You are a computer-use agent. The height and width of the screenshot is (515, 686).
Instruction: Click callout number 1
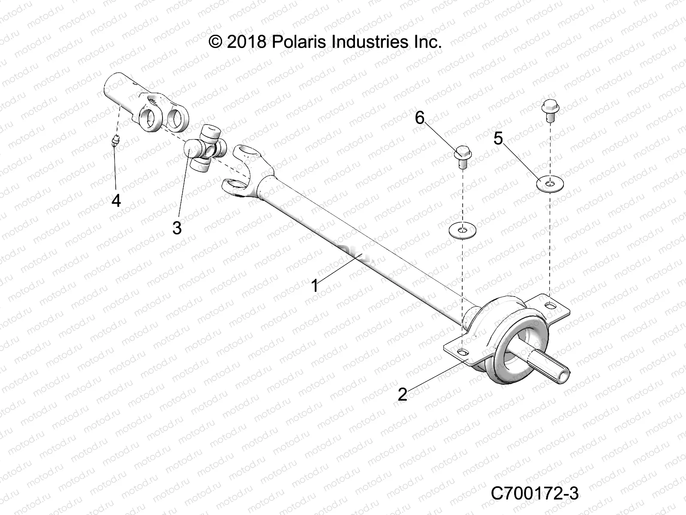pos(315,286)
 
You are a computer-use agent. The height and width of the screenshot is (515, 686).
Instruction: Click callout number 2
pos(402,394)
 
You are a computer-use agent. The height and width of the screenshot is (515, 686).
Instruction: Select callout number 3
pos(177,228)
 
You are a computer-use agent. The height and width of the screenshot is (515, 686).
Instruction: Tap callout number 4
pos(116,200)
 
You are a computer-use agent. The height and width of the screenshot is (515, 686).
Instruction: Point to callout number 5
pos(498,139)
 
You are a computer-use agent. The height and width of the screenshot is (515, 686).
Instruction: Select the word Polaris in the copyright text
pos(301,42)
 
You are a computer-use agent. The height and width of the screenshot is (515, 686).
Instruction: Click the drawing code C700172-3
pos(535,494)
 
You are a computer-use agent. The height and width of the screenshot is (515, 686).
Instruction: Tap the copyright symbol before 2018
pos(216,42)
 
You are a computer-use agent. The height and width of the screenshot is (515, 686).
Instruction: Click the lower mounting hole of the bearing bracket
pos(462,352)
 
